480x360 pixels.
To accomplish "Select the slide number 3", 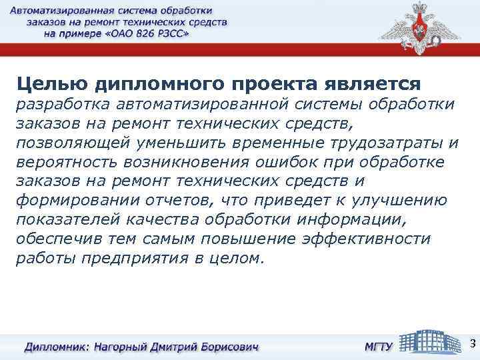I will point(472,344).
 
